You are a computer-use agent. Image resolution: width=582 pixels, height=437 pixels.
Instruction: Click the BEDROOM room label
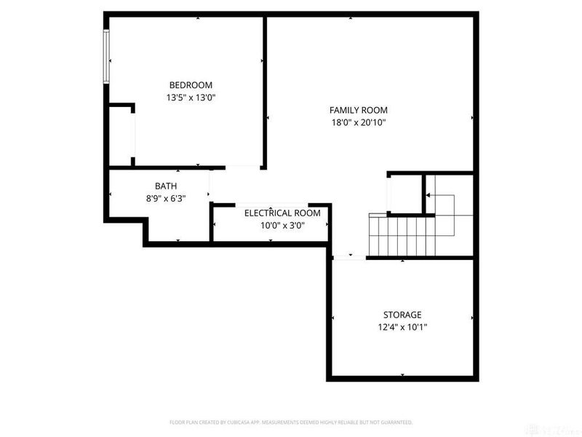point(191,84)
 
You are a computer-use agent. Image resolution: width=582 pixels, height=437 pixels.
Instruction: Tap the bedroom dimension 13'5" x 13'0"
point(191,97)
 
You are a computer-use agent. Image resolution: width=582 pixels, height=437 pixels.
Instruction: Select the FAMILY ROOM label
point(358,110)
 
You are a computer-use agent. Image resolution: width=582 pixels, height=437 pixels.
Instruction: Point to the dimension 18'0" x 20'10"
point(358,122)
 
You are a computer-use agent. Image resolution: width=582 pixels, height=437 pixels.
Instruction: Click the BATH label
point(165,186)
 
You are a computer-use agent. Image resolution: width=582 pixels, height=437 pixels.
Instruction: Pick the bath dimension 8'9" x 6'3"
point(165,198)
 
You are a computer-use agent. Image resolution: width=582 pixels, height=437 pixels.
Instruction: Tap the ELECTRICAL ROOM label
point(282,213)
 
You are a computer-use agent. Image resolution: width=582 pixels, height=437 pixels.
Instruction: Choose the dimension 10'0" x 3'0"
point(282,226)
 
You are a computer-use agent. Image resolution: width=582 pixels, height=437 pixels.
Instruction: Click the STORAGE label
point(402,315)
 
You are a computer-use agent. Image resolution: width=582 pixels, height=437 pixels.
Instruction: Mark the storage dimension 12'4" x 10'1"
point(402,327)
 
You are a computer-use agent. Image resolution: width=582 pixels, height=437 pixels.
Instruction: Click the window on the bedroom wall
point(107,56)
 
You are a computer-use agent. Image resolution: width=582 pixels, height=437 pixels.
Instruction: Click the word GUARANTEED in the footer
point(396,422)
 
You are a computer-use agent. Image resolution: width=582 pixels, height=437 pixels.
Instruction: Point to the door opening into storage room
point(349,257)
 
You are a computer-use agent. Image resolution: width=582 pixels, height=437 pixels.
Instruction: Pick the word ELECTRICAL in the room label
point(270,213)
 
